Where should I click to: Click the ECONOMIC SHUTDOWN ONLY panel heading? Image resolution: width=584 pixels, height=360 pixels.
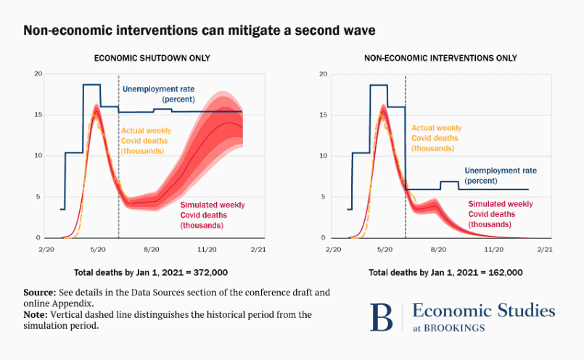pyautogui.click(x=148, y=58)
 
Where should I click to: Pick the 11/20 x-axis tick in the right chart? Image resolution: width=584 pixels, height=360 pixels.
pyautogui.click(x=493, y=249)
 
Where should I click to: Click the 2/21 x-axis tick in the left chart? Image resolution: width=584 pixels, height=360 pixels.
pyautogui.click(x=258, y=249)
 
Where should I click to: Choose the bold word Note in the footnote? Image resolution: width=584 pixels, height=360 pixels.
pyautogui.click(x=36, y=315)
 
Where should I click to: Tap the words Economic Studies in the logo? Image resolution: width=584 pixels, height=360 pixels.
pyautogui.click(x=484, y=311)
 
